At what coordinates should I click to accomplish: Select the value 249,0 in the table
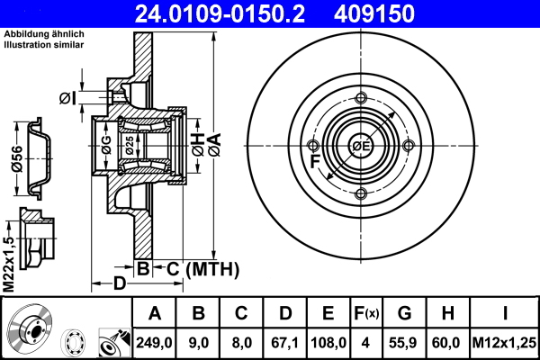click(x=154, y=342)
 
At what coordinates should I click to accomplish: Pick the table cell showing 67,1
click(x=285, y=342)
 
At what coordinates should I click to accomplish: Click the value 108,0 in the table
click(x=328, y=342)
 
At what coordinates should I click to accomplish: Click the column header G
click(x=405, y=313)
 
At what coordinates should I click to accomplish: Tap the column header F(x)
click(x=367, y=313)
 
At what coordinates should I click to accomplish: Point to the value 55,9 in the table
click(x=405, y=342)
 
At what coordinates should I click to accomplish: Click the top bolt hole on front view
click(x=361, y=99)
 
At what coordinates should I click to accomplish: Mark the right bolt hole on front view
click(x=409, y=147)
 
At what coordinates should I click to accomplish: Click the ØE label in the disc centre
click(x=361, y=147)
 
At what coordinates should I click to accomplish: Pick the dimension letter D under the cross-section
click(x=117, y=286)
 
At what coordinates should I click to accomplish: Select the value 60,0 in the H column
click(x=448, y=342)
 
